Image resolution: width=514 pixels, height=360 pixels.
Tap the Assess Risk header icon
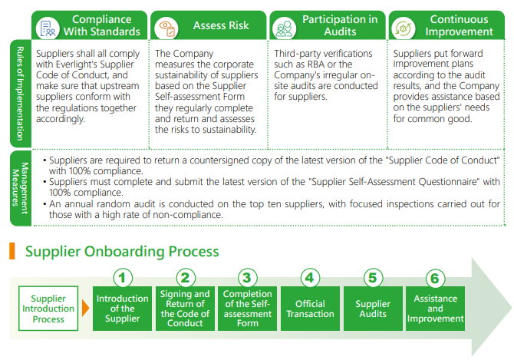coord(166,26)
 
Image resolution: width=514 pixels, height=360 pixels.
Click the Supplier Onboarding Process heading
coord(122,252)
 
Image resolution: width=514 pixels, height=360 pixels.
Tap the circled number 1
coord(123,278)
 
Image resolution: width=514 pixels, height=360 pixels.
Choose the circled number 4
coord(310,278)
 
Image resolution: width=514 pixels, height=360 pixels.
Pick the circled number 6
coord(435,278)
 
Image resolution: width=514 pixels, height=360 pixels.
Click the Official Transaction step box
coord(310,309)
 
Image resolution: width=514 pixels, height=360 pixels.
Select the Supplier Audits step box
coord(373,309)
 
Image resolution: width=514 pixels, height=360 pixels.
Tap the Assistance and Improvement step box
coord(435,309)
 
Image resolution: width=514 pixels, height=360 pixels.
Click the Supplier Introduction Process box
coord(48,309)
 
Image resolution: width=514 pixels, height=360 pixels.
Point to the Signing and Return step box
coord(185,309)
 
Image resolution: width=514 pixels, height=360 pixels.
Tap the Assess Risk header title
coord(221,25)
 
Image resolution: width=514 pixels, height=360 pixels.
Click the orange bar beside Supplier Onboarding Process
coord(12,252)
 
